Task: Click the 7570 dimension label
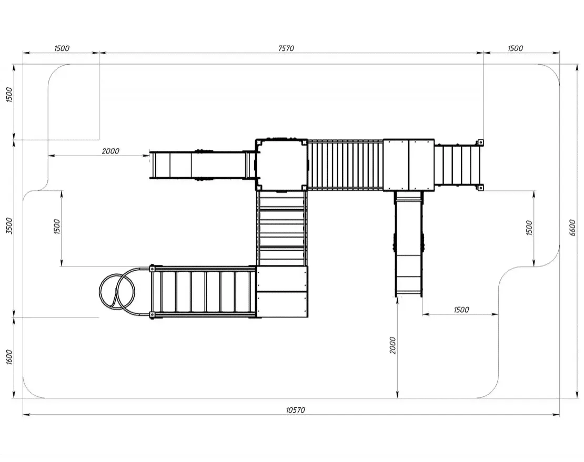286,48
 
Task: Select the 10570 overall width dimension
295,410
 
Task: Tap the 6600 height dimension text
572,228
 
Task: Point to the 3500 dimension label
9,226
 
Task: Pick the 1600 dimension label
9,357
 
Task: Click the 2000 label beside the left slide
110,151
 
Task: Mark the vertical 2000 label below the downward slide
392,345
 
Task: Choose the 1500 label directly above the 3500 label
9,95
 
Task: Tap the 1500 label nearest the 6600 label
529,228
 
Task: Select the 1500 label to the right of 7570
515,48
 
